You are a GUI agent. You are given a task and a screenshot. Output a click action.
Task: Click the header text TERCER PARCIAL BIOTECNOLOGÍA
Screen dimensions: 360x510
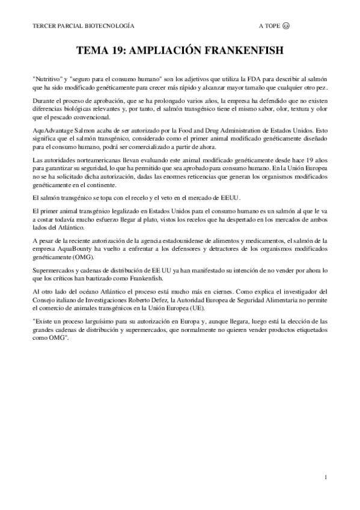coord(84,26)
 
